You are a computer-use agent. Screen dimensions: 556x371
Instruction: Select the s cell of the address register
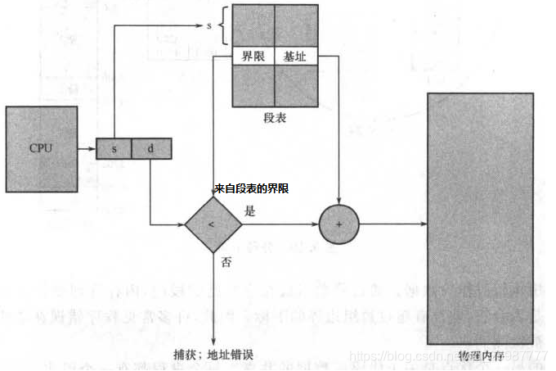pos(114,150)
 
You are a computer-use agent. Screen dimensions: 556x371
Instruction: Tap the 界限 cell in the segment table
pos(253,57)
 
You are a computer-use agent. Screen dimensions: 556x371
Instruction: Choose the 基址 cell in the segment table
pos(294,57)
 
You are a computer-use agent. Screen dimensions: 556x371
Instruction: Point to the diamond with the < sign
pos(213,224)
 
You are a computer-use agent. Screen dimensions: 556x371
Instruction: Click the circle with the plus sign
pos(338,224)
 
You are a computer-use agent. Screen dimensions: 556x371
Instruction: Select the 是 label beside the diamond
pos(250,211)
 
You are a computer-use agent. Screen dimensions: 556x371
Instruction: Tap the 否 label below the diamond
pos(226,263)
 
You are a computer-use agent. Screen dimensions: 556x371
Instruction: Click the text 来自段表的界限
pos(251,188)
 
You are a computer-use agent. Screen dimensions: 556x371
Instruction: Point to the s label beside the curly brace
pos(209,26)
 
